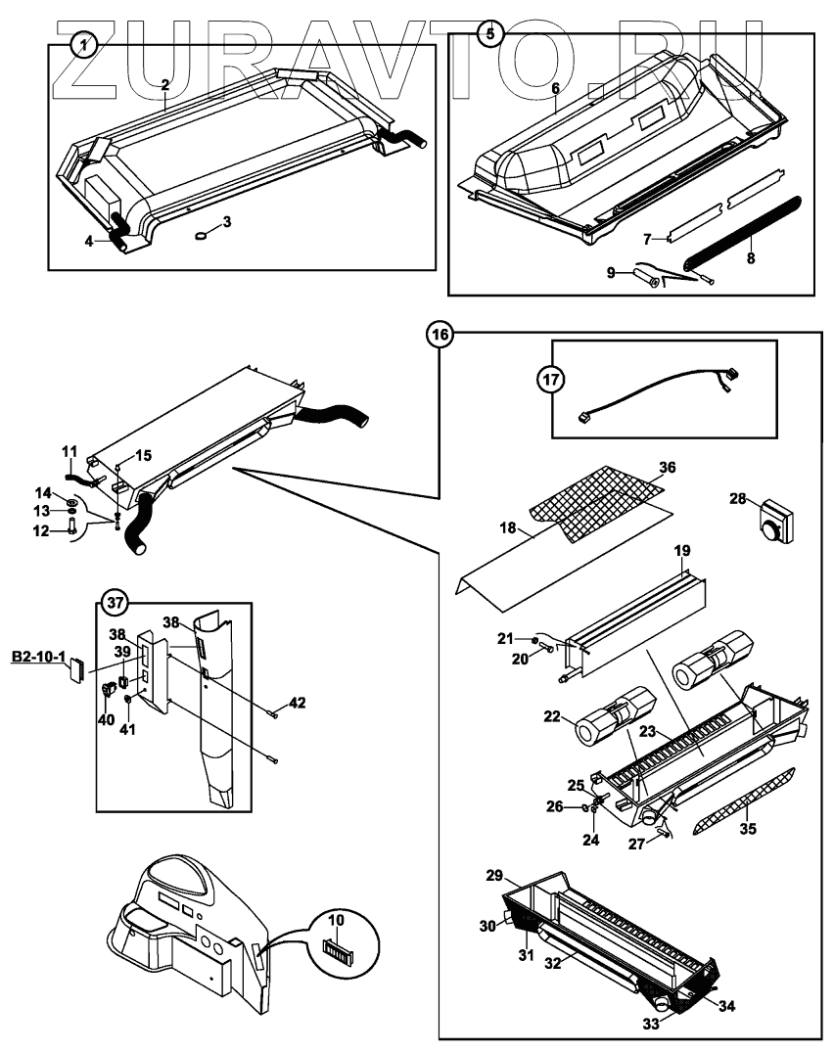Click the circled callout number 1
(86, 44)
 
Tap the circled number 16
(440, 335)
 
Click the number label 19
(682, 551)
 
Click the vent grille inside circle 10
(338, 949)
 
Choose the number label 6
(555, 88)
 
